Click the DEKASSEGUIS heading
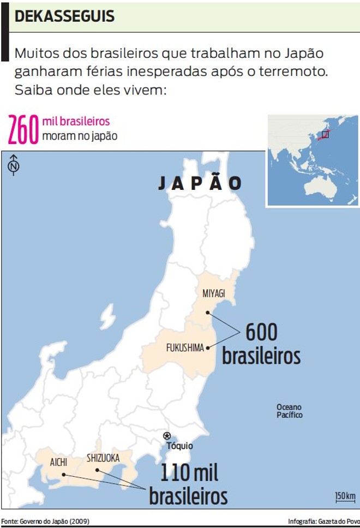pos(65,17)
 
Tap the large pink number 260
pos(23,130)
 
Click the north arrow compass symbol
pos(14,164)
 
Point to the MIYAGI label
pos(214,294)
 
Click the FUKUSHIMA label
pos(185,347)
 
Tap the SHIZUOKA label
pos(103,458)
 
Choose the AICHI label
pos(58,462)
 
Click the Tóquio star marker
pos(167,435)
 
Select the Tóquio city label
pos(179,446)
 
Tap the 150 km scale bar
pos(345,497)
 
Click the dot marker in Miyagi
pos(208,313)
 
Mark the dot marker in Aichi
pos(63,475)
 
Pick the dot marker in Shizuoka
pos(97,470)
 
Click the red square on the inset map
pos(325,134)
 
